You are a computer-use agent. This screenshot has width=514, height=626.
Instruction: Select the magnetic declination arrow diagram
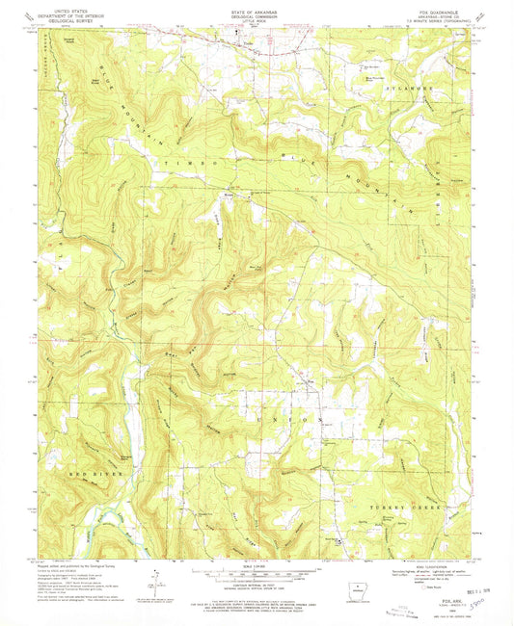pyautogui.click(x=153, y=578)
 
